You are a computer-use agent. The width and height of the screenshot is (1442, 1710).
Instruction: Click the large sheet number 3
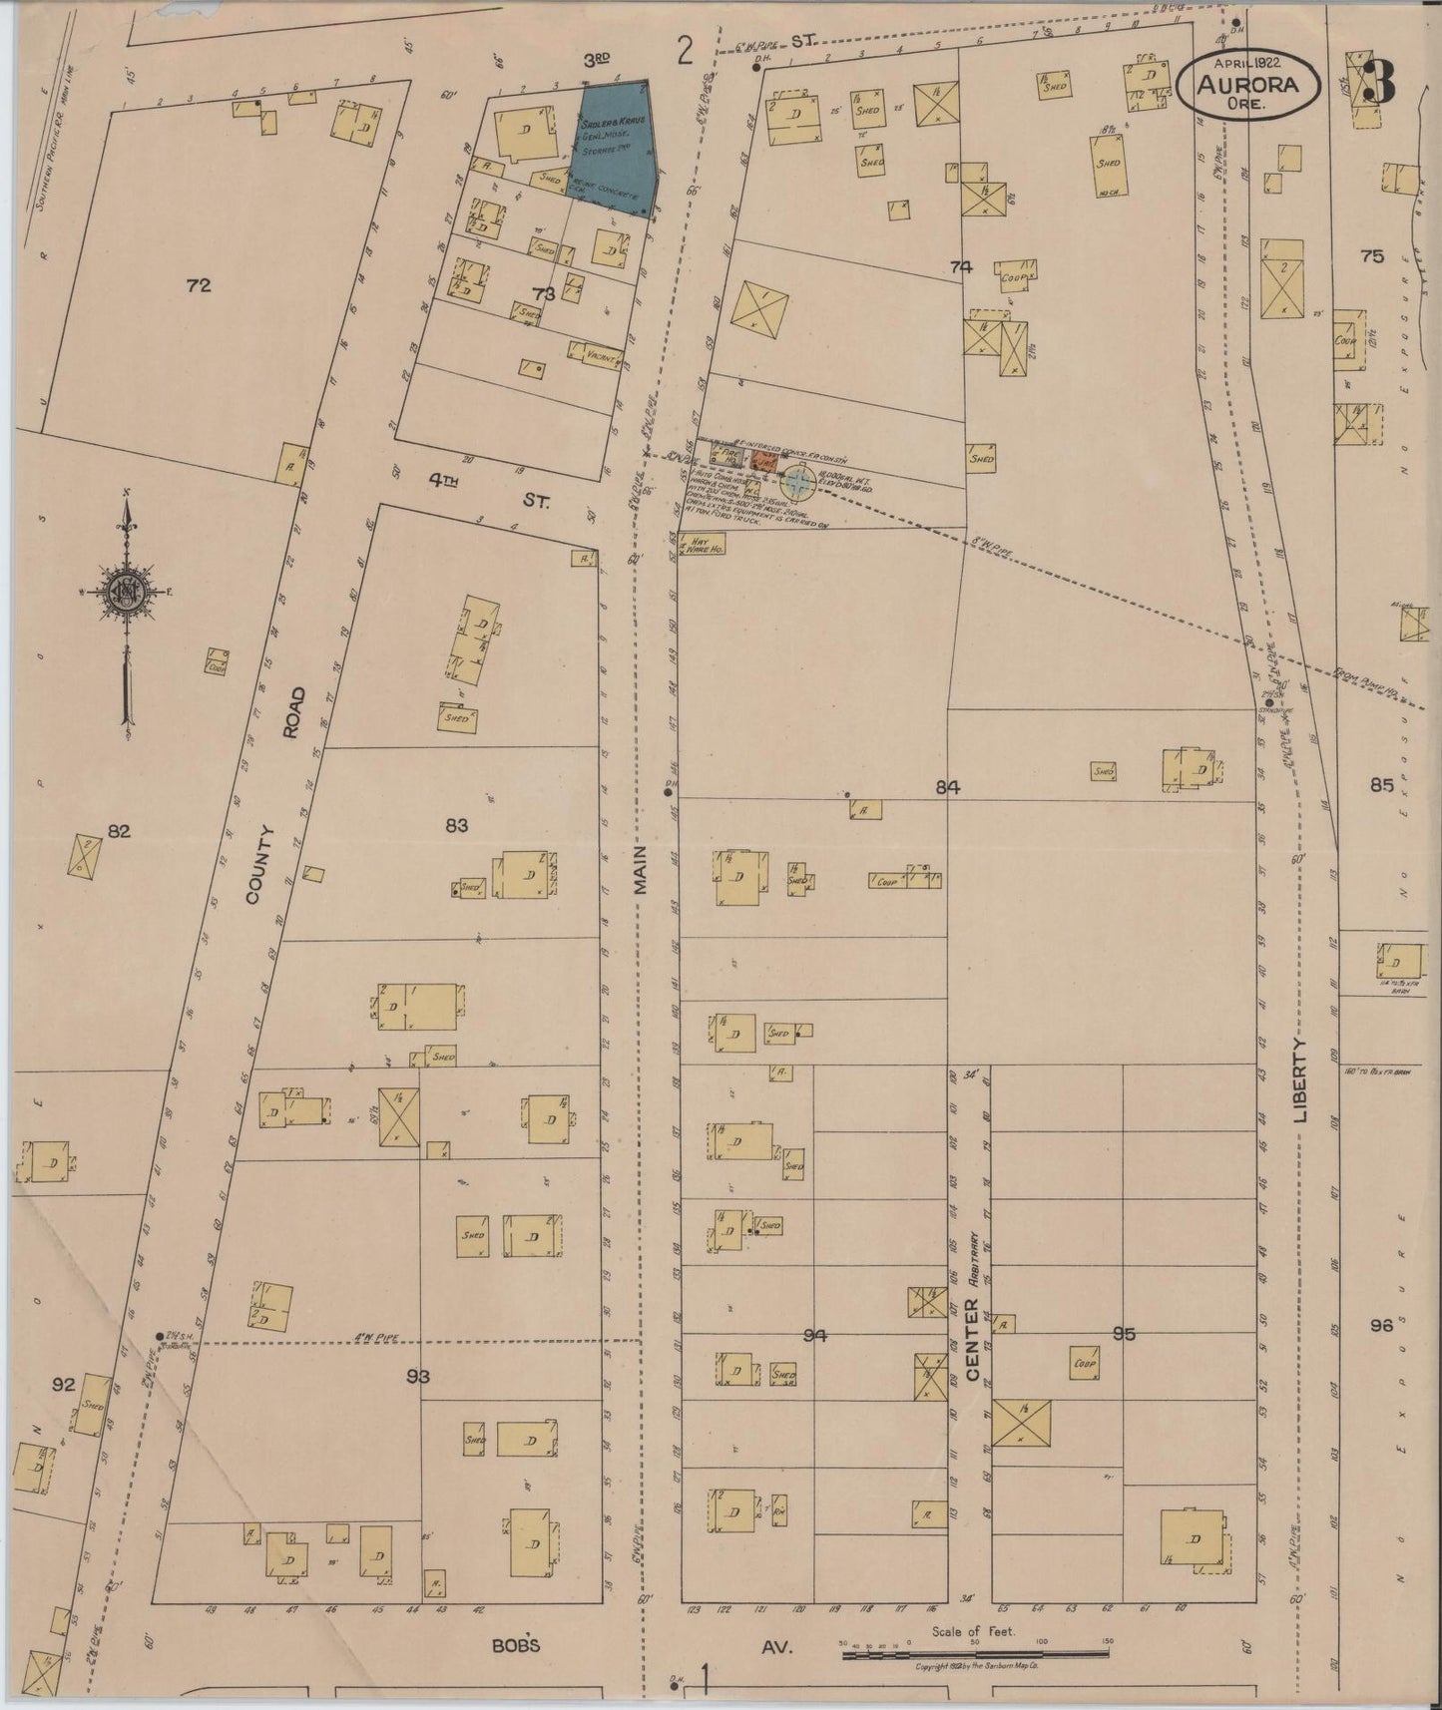(x=1379, y=81)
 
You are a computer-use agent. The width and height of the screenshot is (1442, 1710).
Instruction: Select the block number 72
(x=199, y=286)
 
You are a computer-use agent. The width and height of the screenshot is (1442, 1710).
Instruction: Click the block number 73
(x=543, y=293)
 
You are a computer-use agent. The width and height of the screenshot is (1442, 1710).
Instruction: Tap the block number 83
(x=456, y=825)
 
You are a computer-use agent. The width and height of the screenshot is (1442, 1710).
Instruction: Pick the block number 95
(x=1124, y=1333)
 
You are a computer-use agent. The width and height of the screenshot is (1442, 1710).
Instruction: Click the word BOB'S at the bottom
(x=515, y=1645)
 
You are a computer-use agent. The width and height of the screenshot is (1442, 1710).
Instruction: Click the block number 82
(x=120, y=830)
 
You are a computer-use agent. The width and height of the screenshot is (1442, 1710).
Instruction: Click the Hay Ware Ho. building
(x=696, y=546)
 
